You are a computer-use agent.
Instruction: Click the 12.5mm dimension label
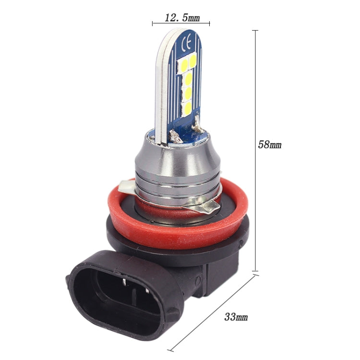[181, 17]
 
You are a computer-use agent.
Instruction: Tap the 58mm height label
[269, 144]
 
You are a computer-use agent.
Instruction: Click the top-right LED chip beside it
[193, 60]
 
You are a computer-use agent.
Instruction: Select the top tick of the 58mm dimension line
[254, 31]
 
